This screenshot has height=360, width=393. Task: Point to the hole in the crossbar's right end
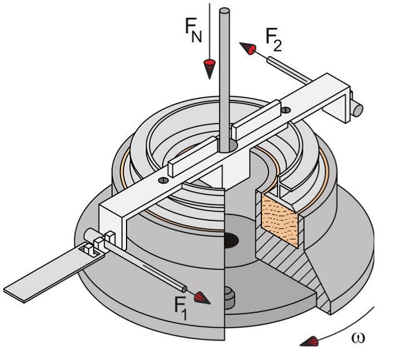(x=285, y=110)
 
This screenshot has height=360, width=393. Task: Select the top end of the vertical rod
(x=225, y=12)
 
